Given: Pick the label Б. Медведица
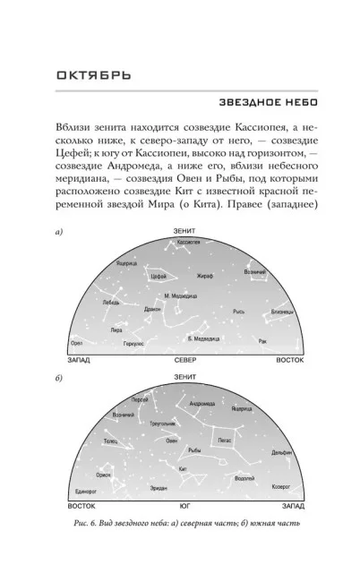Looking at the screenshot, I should coord(207,338).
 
